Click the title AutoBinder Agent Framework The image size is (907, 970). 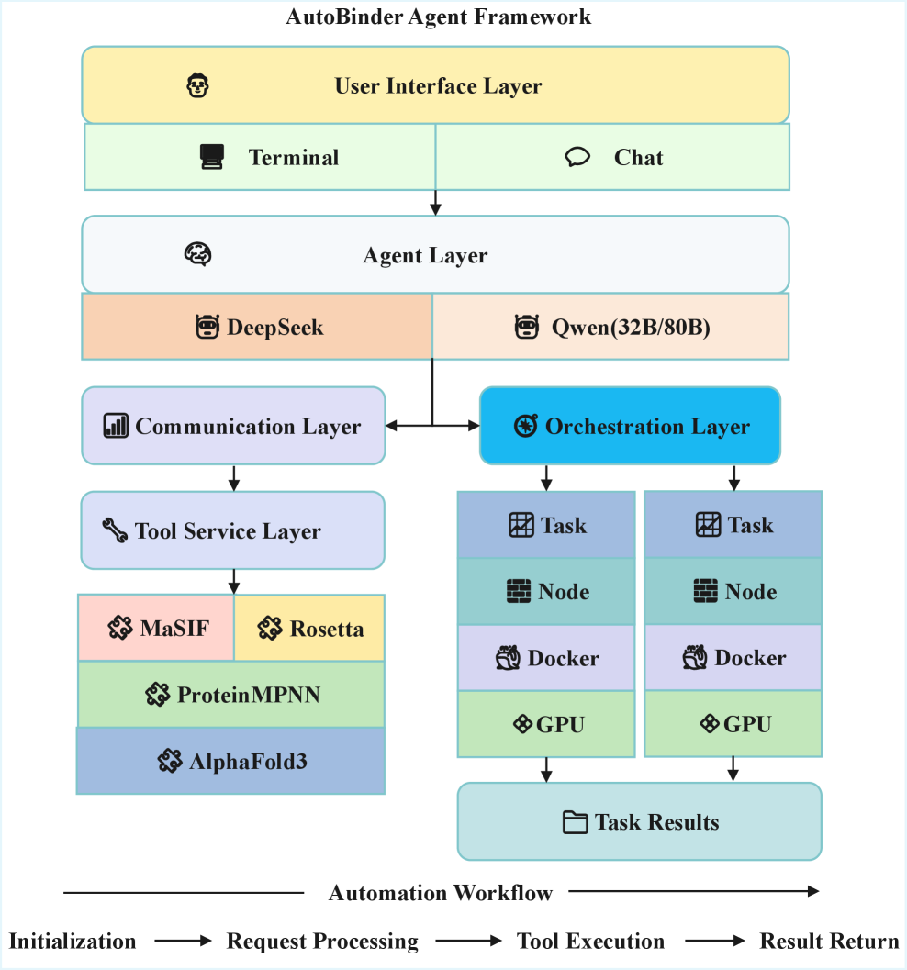tap(438, 17)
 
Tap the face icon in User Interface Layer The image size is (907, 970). tap(197, 86)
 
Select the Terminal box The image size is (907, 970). tap(260, 157)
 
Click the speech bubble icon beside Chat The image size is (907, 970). tap(577, 157)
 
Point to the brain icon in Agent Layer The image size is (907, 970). tap(197, 254)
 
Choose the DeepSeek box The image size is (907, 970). tap(258, 327)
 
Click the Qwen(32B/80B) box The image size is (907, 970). tap(610, 327)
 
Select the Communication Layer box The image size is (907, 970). tap(233, 426)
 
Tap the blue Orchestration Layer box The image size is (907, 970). tap(630, 426)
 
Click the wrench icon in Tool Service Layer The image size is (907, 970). tap(115, 530)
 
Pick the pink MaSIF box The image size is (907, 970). tap(156, 628)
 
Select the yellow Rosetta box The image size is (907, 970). tap(309, 628)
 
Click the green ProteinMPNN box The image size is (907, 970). tap(231, 695)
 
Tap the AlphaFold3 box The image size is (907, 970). tap(231, 761)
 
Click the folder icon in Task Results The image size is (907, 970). tap(575, 822)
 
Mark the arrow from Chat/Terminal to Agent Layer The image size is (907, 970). tap(435, 202)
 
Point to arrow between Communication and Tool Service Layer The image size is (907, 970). tap(234, 477)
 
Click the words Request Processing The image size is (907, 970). tap(322, 942)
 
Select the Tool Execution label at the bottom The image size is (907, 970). tap(590, 942)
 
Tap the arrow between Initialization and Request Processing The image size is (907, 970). tap(181, 942)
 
